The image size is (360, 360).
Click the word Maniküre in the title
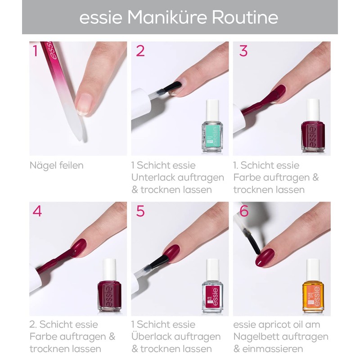tap(167, 18)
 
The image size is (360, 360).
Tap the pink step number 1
tap(35, 51)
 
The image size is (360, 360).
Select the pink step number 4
tap(37, 211)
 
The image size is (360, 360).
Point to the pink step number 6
tap(244, 211)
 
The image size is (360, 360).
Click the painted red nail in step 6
tap(265, 257)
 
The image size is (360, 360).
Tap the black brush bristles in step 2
tap(172, 87)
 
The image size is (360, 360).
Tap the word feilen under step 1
tap(71, 165)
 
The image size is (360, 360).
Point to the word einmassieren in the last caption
tap(273, 349)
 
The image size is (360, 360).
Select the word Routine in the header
tap(245, 18)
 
